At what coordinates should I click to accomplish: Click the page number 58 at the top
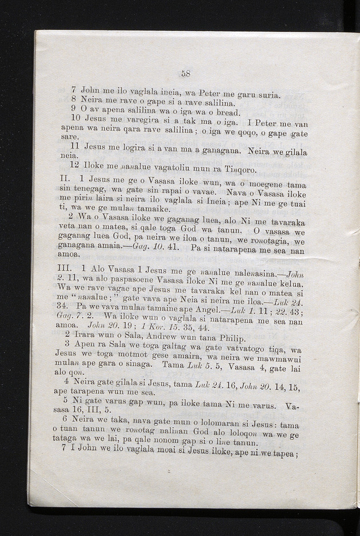click(185, 73)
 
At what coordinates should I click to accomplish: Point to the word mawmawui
click(280, 358)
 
